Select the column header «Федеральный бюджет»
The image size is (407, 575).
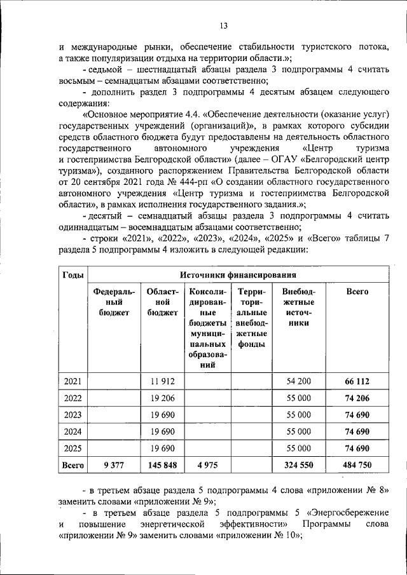pyautogui.click(x=114, y=302)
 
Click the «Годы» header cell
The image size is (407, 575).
pyautogui.click(x=72, y=275)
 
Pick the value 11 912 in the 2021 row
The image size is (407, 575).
pyautogui.click(x=162, y=381)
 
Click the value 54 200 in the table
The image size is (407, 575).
pyautogui.click(x=299, y=381)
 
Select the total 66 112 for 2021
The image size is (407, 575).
pyautogui.click(x=357, y=381)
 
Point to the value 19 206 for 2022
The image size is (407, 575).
pyautogui.click(x=162, y=398)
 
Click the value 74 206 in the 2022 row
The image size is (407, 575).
pyautogui.click(x=357, y=398)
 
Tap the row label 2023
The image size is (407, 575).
pyautogui.click(x=72, y=415)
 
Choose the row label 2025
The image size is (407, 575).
pyautogui.click(x=72, y=449)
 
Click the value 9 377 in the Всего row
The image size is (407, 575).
pyautogui.click(x=114, y=466)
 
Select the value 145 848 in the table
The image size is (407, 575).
pyautogui.click(x=162, y=466)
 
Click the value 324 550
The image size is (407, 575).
pyautogui.click(x=299, y=466)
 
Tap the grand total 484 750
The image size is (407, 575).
pyautogui.click(x=357, y=466)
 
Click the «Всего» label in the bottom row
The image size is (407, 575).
pyautogui.click(x=72, y=466)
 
